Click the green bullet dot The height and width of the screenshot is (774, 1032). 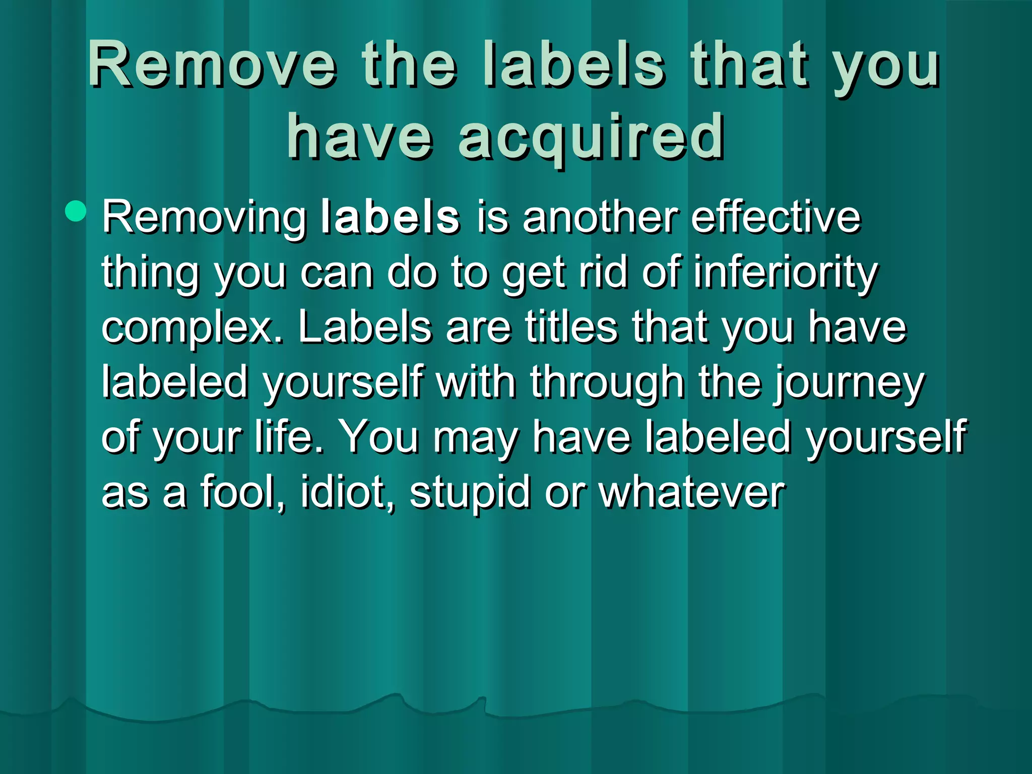pyautogui.click(x=76, y=211)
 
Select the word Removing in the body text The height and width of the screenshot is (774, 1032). pyautogui.click(x=205, y=218)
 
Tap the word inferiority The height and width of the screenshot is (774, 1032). pyautogui.click(x=786, y=272)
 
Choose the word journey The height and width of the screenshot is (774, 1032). pyautogui.click(x=849, y=383)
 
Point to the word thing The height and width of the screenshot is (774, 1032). pyautogui.click(x=150, y=273)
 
